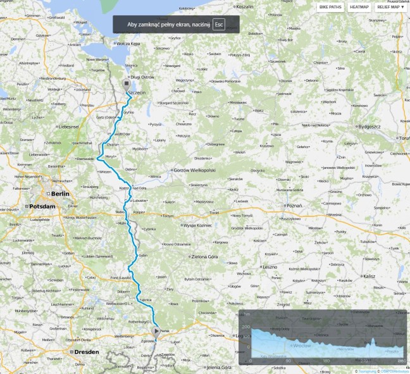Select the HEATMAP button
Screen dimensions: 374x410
pos(359,7)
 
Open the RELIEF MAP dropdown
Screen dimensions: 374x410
pos(390,7)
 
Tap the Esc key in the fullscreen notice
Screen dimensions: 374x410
pos(219,25)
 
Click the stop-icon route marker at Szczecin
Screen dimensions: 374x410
pos(126,84)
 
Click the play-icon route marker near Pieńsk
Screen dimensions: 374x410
pos(156,330)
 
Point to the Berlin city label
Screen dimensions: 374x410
pos(59,194)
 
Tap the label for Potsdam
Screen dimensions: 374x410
pos(39,207)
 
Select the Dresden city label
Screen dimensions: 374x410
pos(86,351)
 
